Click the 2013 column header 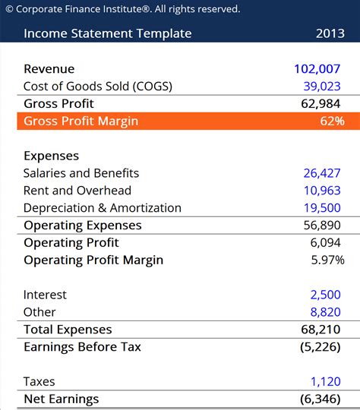tap(330, 33)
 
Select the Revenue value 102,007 tap(317, 69)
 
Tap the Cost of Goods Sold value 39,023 tap(322, 87)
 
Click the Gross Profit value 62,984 tap(322, 104)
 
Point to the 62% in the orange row tap(332, 121)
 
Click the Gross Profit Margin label tap(81, 121)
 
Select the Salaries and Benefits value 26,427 tap(322, 173)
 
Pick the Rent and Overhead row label tap(77, 191)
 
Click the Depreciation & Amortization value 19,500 tap(322, 208)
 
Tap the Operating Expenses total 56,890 tap(322, 225)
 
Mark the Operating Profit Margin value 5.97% tap(327, 260)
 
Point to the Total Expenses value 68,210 tap(322, 330)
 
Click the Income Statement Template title tap(108, 33)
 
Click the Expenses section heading tap(51, 156)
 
